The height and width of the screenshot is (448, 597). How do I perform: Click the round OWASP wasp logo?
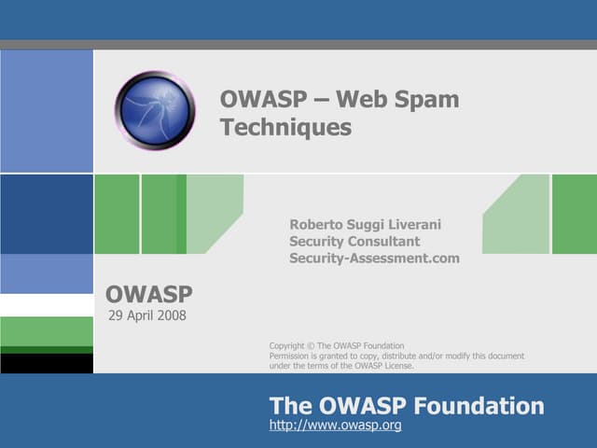click(155, 111)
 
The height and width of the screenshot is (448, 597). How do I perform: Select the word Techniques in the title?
click(285, 127)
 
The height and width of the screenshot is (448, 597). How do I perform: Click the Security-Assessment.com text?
click(374, 259)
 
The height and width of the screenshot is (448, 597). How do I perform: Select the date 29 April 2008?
click(147, 315)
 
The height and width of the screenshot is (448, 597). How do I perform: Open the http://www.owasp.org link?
click(335, 426)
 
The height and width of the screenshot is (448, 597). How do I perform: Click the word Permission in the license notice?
click(289, 356)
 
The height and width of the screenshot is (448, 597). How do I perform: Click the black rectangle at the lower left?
click(47, 363)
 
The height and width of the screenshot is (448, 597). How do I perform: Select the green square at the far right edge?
click(574, 214)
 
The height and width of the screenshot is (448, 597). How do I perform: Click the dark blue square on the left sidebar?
click(47, 214)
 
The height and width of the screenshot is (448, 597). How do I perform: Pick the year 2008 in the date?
click(171, 315)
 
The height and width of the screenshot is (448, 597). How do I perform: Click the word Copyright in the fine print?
click(287, 346)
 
